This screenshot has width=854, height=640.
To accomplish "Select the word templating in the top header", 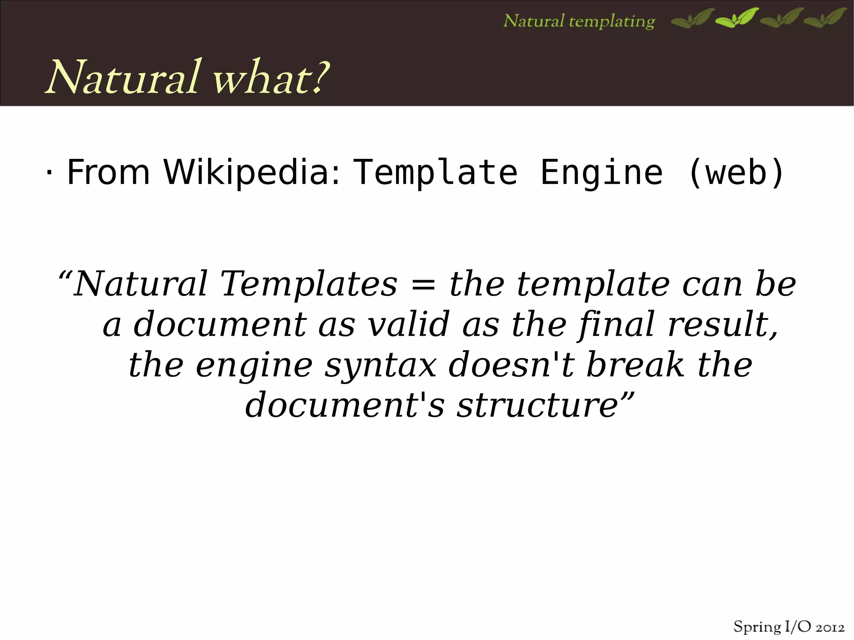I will click(x=612, y=21).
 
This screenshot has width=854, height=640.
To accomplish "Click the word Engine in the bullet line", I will click(x=601, y=172).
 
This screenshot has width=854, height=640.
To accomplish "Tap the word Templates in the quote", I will click(x=309, y=284).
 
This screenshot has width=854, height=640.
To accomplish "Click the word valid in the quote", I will click(x=409, y=324).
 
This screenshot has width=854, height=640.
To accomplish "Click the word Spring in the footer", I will click(x=757, y=627).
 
